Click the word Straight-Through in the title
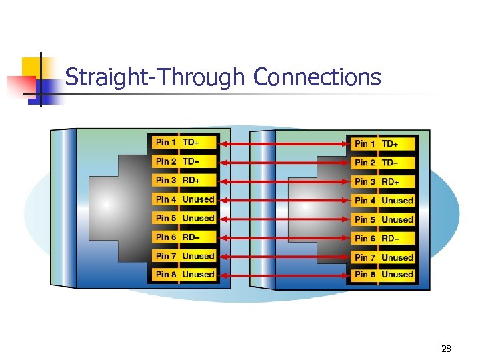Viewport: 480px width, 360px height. [x=155, y=77]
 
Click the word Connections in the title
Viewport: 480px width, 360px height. [x=317, y=77]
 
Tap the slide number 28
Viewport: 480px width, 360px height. [x=446, y=349]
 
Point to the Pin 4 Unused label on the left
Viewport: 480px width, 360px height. [x=185, y=199]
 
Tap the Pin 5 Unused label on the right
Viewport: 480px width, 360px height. [x=384, y=219]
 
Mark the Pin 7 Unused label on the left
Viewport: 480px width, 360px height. [x=185, y=256]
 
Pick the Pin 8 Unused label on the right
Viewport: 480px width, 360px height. [x=384, y=274]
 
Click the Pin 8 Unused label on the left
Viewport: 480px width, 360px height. [x=185, y=274]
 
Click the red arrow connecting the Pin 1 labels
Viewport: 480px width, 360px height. [x=283, y=143]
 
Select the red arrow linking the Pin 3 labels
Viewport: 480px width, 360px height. [x=283, y=181]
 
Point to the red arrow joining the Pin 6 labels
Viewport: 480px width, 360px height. [x=283, y=238]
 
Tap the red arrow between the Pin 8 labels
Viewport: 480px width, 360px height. [x=283, y=274]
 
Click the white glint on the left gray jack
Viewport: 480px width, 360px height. [x=106, y=204]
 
